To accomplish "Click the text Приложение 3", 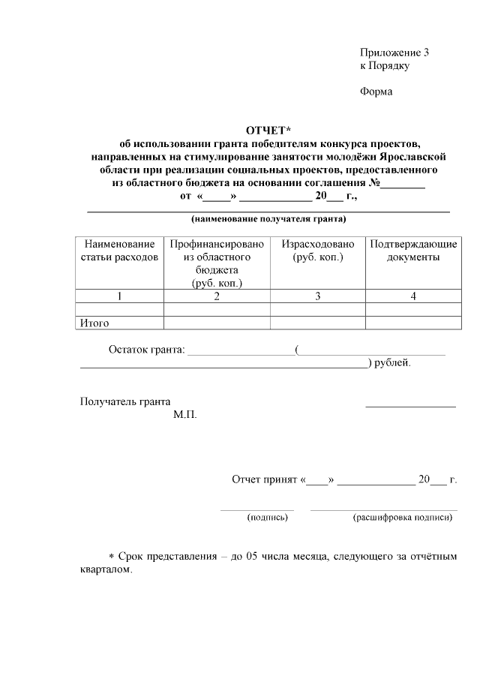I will tap(394, 53).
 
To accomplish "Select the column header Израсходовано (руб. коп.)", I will tap(317, 251).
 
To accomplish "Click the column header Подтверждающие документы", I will tap(412, 251).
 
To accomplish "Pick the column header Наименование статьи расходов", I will tap(119, 251).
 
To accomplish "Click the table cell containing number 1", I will tap(119, 296).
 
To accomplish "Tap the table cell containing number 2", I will tap(216, 296).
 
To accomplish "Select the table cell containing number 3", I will tap(317, 296).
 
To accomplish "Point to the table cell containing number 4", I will tap(412, 296).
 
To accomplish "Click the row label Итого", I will tap(94, 323).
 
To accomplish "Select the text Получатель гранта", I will tap(124, 401).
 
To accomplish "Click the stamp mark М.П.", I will tap(184, 414).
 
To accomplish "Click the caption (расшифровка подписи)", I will tap(403, 517).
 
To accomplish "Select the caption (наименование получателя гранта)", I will tap(268, 220).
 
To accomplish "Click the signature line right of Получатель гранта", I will tap(410, 406).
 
